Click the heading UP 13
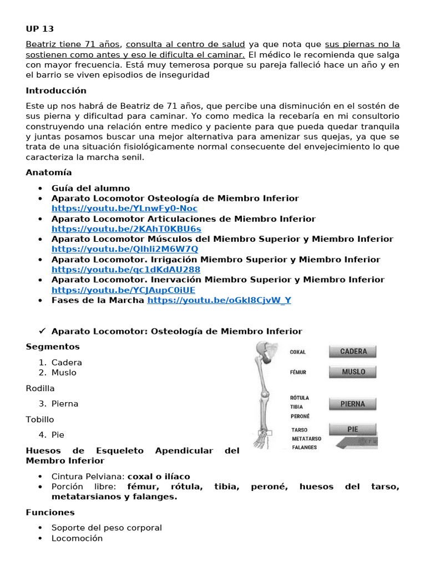40,29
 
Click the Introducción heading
56,90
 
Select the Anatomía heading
49,173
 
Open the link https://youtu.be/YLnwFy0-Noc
124,209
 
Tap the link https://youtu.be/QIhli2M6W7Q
125,250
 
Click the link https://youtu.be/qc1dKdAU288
126,270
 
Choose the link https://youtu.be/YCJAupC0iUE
123,290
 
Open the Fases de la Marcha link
219,300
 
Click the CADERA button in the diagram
353,352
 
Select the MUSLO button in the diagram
353,372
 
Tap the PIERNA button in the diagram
353,404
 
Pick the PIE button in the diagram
353,429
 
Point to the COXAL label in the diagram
298,352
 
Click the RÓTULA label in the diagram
300,398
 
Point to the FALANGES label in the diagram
304,447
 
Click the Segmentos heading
53,347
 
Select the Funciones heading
50,513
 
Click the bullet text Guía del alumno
90,188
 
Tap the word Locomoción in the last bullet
77,538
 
